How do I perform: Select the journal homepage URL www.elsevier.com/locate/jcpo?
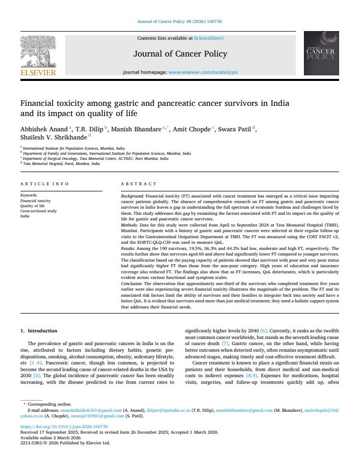(202, 72)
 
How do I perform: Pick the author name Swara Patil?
(234, 129)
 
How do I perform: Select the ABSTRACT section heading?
(139, 183)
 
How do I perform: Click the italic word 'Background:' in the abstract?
(132, 195)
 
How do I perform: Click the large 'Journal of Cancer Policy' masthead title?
(180, 54)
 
